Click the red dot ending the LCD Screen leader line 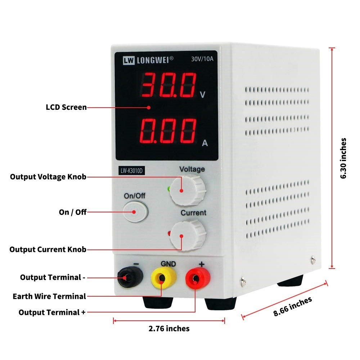click(x=149, y=107)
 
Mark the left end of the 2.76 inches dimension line click(x=114, y=321)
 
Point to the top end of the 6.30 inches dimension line click(x=332, y=48)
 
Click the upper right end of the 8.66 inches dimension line click(x=327, y=283)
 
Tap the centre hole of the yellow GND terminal click(x=162, y=279)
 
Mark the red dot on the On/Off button click(x=134, y=212)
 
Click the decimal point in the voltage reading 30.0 click(x=175, y=95)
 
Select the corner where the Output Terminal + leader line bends click(x=195, y=312)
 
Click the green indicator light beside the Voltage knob click(x=169, y=189)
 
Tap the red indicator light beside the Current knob click(x=169, y=233)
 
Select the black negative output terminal click(x=130, y=277)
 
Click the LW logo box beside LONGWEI click(x=129, y=60)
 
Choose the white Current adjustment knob click(x=188, y=235)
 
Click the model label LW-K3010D click(x=131, y=171)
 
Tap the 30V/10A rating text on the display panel click(x=202, y=59)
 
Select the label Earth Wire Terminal click(x=49, y=296)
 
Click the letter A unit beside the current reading click(x=205, y=143)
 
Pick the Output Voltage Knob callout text click(x=48, y=177)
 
